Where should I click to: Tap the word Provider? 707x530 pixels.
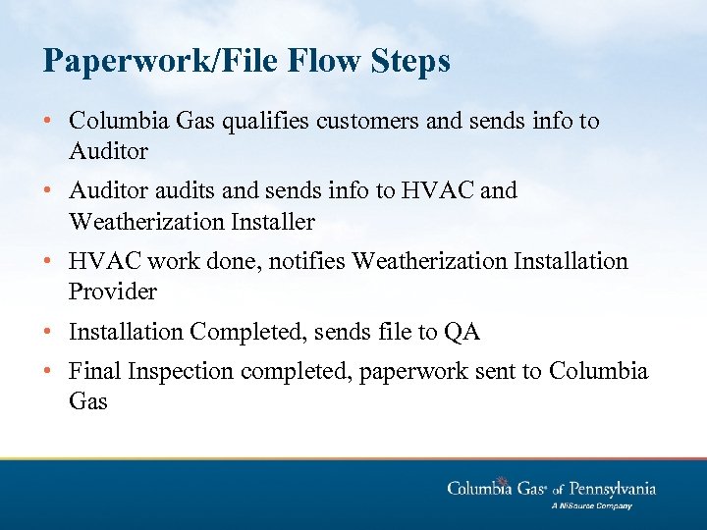click(113, 291)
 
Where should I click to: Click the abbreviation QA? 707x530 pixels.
click(462, 332)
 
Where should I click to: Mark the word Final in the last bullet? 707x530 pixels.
click(93, 372)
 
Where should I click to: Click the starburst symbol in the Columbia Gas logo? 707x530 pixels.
click(501, 481)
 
